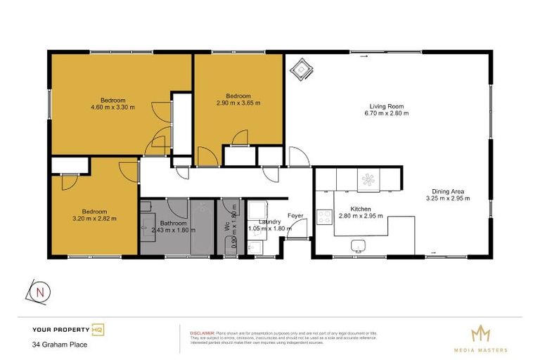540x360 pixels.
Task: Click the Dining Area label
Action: [x=447, y=191]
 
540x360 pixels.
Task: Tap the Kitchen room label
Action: [x=361, y=209]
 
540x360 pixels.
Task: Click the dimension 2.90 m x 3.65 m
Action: [x=238, y=103]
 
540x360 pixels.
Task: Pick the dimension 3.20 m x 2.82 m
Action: [x=94, y=219]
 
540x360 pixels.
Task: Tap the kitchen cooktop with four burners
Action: [x=325, y=217]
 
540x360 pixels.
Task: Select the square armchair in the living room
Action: [x=302, y=69]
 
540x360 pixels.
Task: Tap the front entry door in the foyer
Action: [x=299, y=229]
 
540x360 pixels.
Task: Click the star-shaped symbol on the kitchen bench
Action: [x=368, y=181]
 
